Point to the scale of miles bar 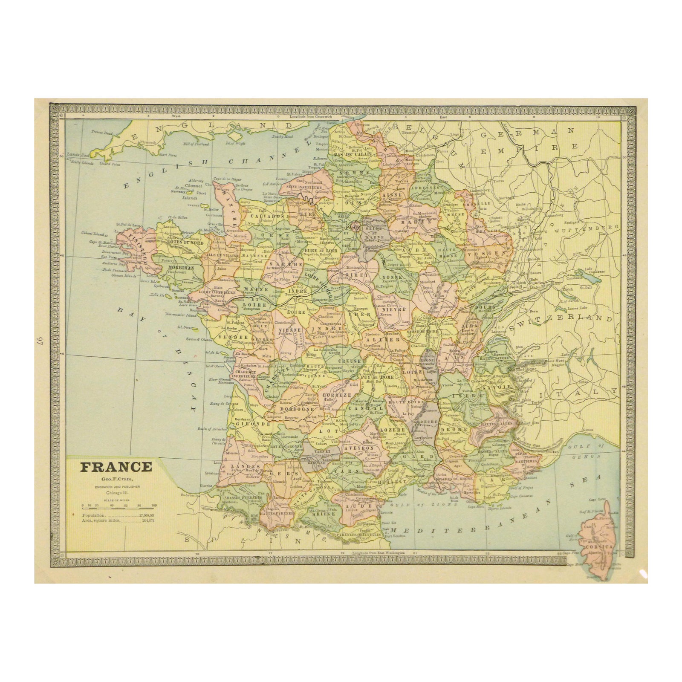coord(118,508)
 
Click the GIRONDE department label coord(255,424)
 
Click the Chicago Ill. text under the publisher coord(116,492)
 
